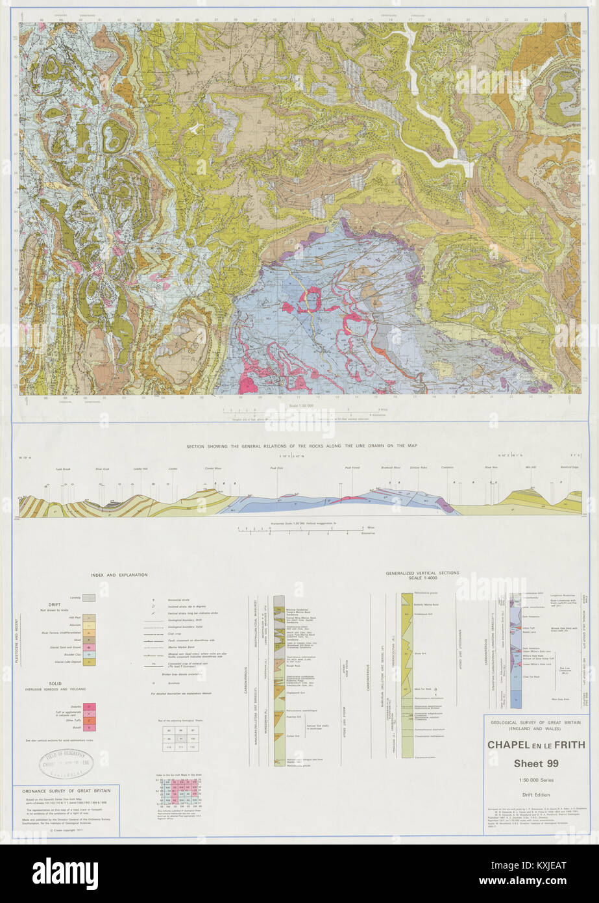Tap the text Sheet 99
536,763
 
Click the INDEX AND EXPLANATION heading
119,575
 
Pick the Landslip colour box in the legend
90,596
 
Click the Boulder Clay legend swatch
91,655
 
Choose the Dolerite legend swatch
91,706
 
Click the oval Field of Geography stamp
66,762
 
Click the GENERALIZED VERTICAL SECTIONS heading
422,574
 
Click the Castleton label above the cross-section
447,467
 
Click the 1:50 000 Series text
536,780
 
